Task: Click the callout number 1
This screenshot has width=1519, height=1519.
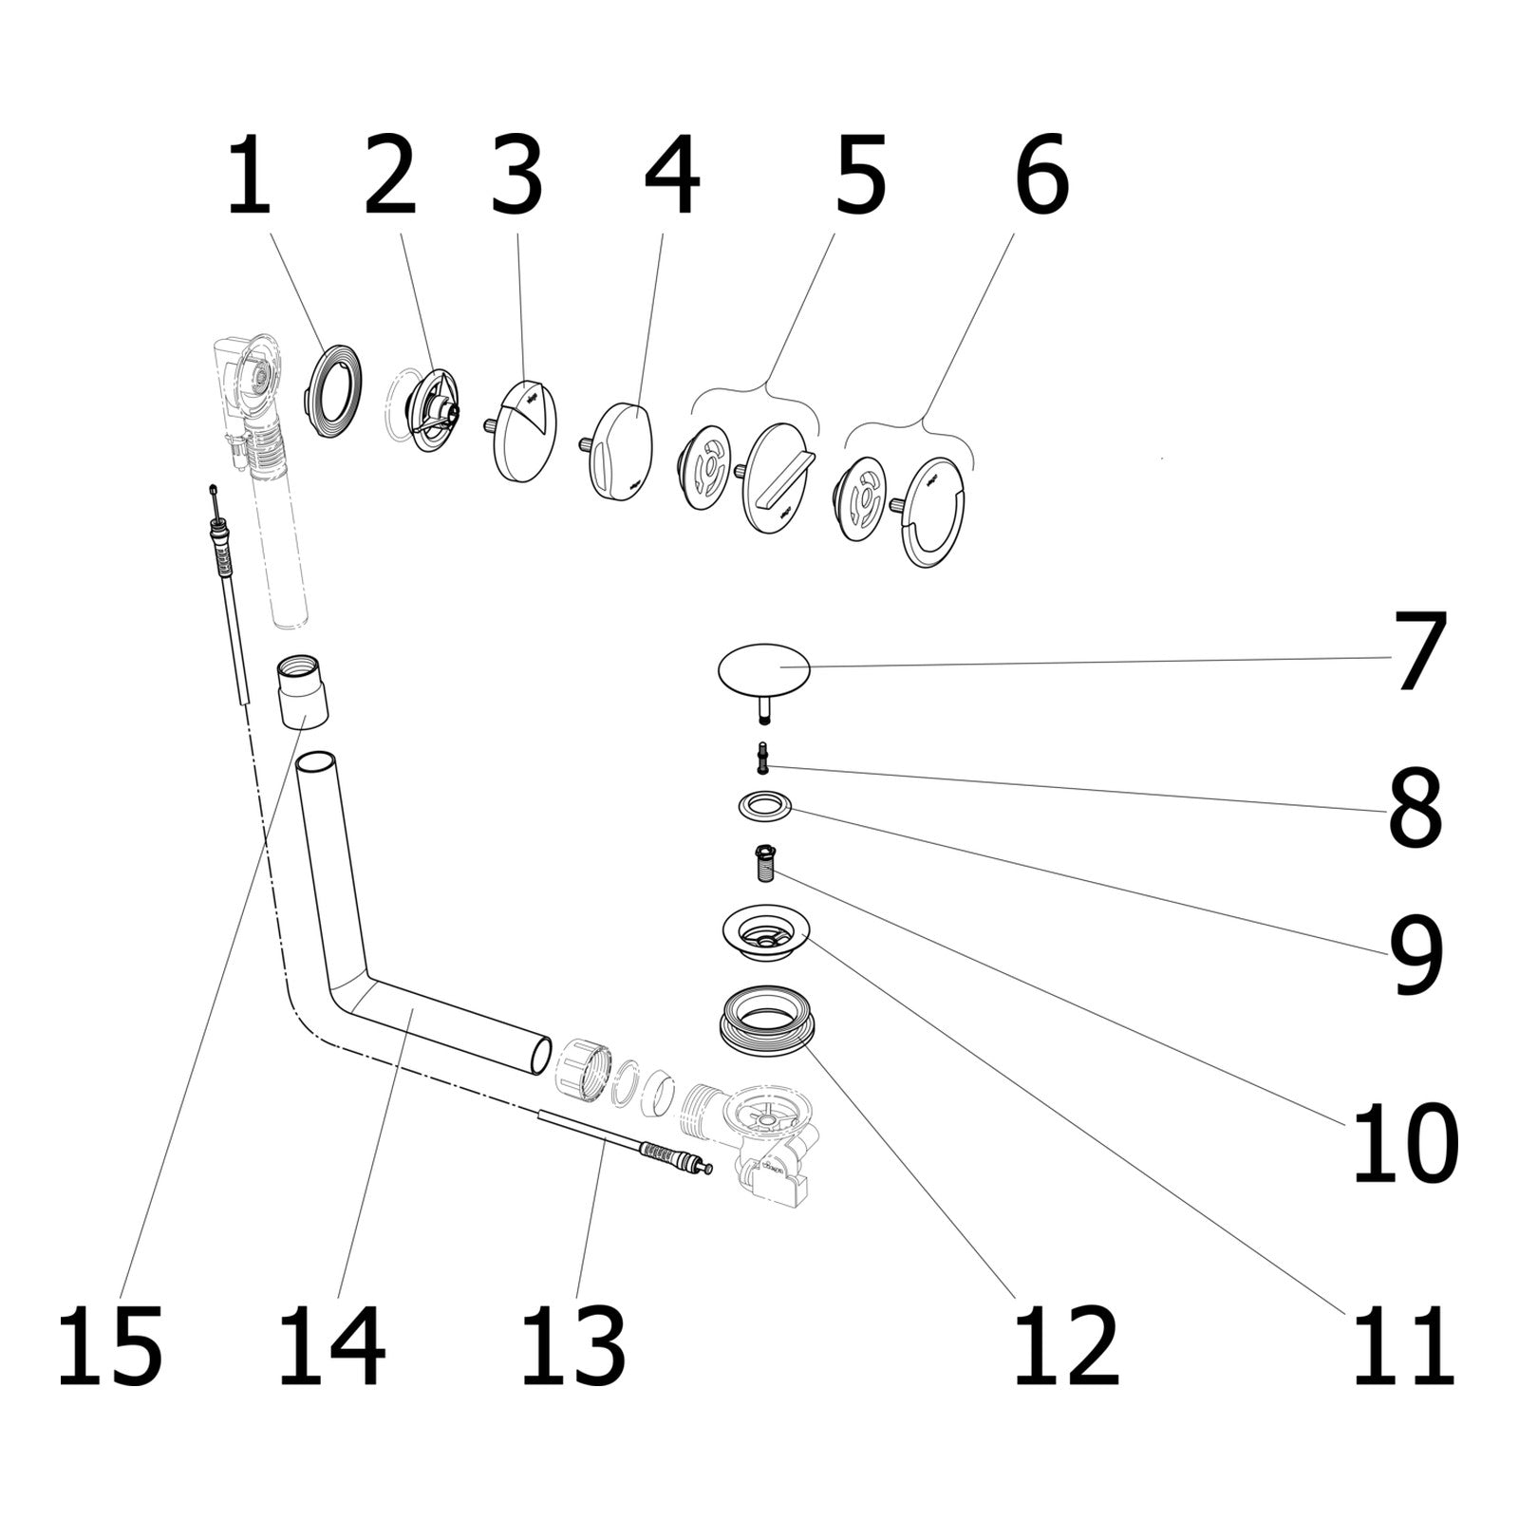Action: click(250, 178)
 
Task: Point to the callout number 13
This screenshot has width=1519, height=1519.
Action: click(572, 1345)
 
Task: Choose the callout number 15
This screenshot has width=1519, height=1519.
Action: click(109, 1345)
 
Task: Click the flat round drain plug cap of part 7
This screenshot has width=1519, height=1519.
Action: click(764, 668)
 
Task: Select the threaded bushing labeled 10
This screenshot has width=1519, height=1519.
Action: click(765, 862)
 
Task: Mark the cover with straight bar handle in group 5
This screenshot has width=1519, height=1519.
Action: click(777, 478)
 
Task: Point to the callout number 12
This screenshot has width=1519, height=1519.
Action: click(1065, 1345)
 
